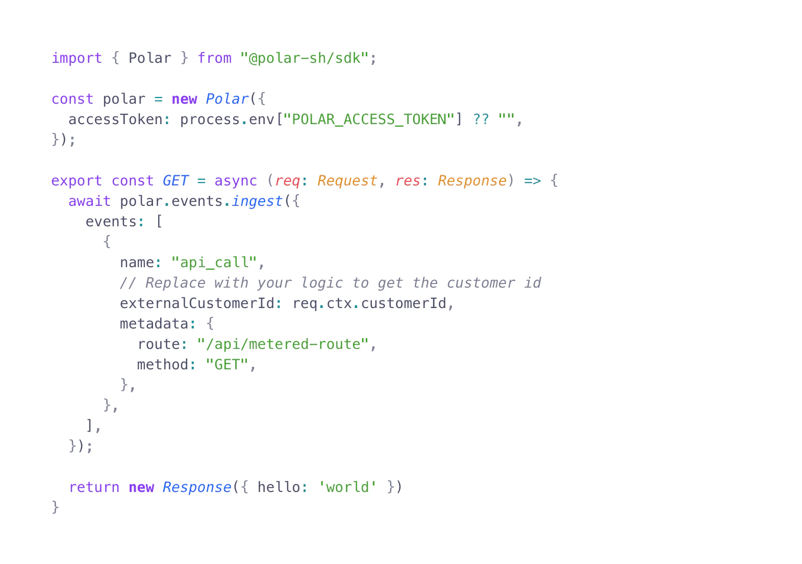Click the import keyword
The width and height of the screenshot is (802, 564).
pos(77,58)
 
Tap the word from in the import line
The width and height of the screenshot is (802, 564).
pos(215,58)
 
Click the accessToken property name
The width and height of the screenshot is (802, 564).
pos(116,120)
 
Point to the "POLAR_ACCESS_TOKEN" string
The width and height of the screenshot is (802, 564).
pos(369,120)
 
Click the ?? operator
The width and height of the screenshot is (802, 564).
pos(481,120)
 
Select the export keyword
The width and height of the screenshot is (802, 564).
pos(77,181)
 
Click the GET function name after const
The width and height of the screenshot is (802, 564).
pos(176,181)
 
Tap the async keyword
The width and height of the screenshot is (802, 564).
pos(236,181)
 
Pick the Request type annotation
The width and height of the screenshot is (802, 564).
pos(347,181)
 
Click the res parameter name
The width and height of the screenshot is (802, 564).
pos(408,181)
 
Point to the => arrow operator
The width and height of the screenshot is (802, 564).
pos(533,181)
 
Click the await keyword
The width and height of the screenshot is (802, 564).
pos(89,201)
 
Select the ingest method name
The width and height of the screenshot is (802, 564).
pos(258,201)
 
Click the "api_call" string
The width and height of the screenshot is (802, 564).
pos(214,263)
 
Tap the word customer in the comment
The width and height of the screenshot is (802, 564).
pos(481,283)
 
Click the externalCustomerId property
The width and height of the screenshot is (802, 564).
pos(197,303)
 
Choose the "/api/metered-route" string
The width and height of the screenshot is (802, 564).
pos(283,344)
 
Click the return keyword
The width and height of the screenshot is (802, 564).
pos(94,487)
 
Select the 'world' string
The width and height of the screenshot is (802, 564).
pos(347,487)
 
